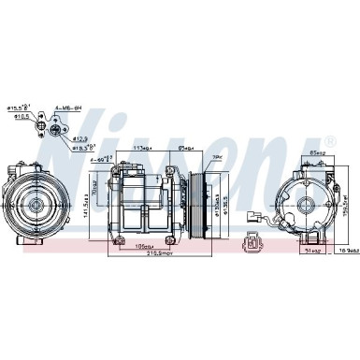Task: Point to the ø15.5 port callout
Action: (x=19, y=107)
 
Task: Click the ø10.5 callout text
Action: (x=18, y=118)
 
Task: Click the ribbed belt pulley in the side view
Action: (x=199, y=200)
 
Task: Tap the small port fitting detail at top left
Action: (x=47, y=124)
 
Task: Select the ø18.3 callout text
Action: (x=81, y=148)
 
